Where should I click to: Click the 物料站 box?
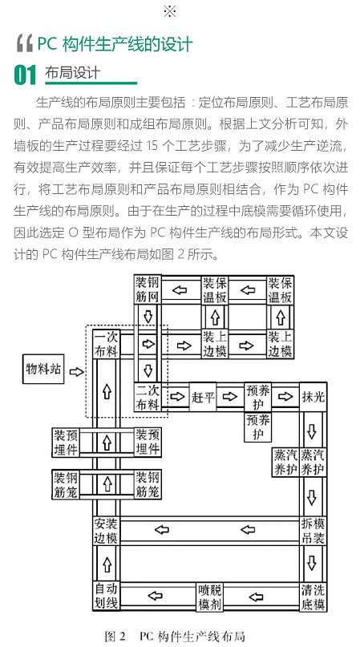click(43, 369)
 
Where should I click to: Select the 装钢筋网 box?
click(148, 289)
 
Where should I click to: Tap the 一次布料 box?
click(106, 344)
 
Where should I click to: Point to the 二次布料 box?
click(148, 397)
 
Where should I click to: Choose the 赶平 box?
click(203, 397)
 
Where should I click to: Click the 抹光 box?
click(313, 397)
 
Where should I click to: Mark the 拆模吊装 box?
click(313, 531)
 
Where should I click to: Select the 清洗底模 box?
click(313, 596)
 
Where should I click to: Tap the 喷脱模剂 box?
click(209, 596)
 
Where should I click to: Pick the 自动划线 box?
click(106, 596)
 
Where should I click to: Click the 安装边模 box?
click(106, 531)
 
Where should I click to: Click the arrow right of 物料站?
click(76, 372)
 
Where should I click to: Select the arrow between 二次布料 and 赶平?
click(177, 397)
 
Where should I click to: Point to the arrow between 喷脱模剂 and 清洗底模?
click(256, 596)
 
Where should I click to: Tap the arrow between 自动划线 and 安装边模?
click(107, 564)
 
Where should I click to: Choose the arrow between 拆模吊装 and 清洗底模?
click(312, 563)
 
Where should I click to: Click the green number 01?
click(25, 75)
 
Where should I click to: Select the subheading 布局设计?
click(72, 73)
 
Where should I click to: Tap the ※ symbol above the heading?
click(170, 11)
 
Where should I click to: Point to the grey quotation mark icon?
click(24, 44)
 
